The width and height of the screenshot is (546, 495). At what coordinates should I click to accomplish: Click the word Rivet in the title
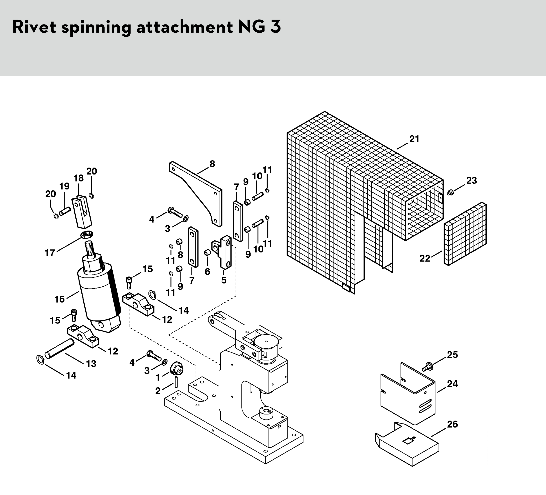pos(34,27)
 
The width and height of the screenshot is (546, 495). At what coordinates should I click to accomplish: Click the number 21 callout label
pos(414,139)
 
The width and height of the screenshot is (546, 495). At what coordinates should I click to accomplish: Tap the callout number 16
pos(60,299)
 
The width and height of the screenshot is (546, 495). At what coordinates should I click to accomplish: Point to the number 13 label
pos(91,364)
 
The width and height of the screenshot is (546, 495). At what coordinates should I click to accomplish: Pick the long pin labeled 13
pos(60,349)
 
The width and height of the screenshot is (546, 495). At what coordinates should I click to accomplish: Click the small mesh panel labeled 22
pos(465,234)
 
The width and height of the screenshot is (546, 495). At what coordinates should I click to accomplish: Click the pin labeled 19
pos(65,211)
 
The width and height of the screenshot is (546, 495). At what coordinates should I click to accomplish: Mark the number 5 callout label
pos(224,280)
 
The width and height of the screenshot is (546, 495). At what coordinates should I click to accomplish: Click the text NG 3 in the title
pos(259,27)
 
